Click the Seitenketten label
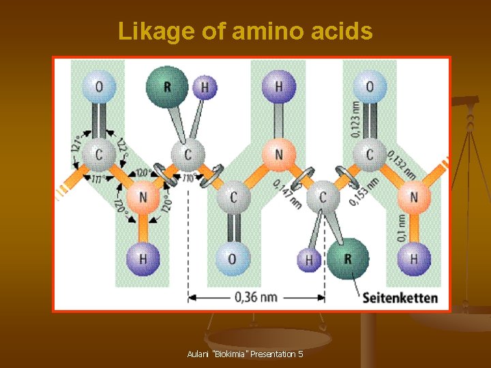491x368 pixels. [x=400, y=298]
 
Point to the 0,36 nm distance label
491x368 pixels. [x=256, y=297]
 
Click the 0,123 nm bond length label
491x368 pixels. [x=356, y=120]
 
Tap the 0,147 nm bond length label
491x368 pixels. [x=286, y=194]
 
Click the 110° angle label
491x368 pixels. [x=189, y=179]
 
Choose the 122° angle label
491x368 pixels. [x=121, y=144]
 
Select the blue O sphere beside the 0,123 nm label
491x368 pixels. [x=369, y=87]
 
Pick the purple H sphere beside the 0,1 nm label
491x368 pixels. [x=414, y=259]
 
